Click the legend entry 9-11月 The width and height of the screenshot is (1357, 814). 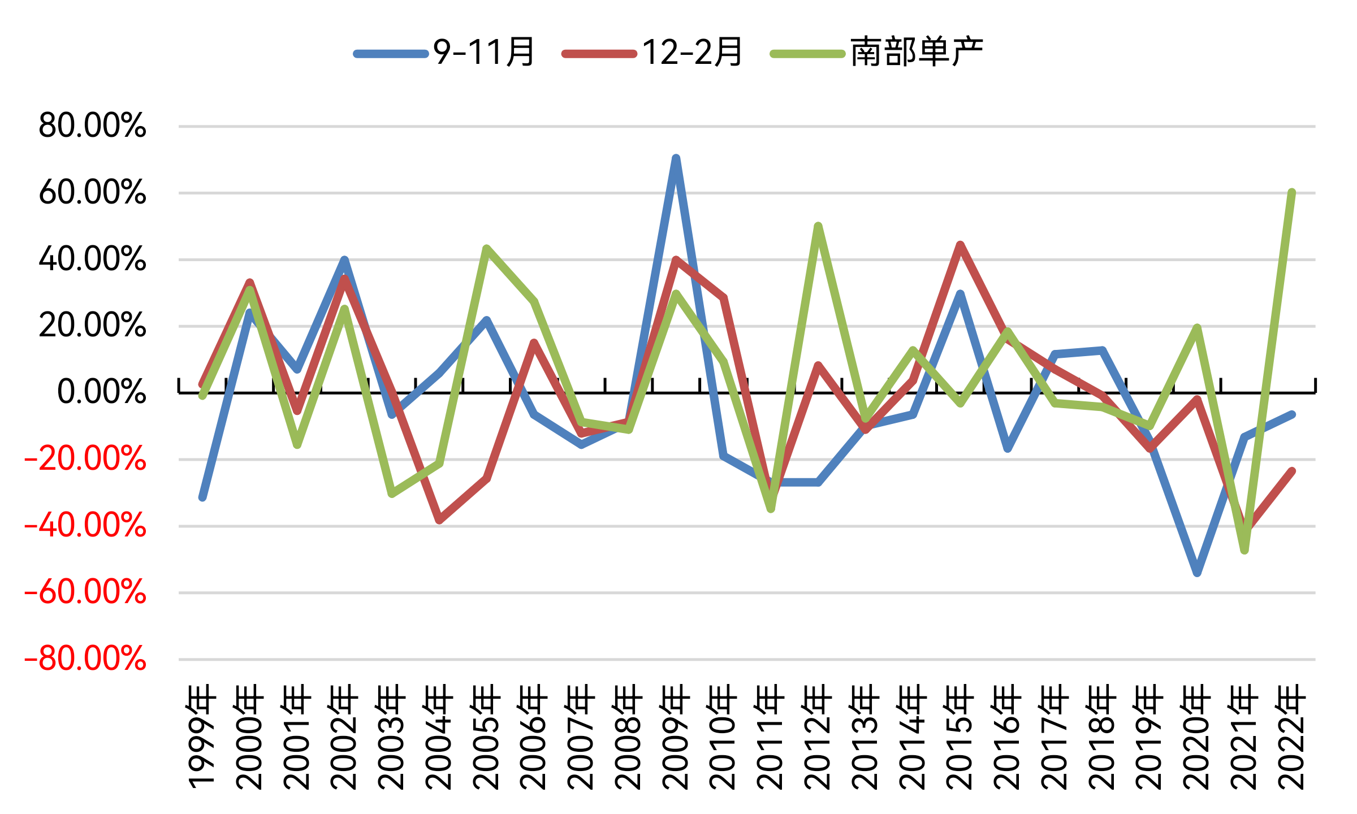pyautogui.click(x=444, y=53)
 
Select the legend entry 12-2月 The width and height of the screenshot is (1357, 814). pyautogui.click(x=652, y=53)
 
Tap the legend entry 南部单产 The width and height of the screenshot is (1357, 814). pyautogui.click(x=877, y=53)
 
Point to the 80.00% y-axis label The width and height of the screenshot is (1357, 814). pyautogui.click(x=92, y=125)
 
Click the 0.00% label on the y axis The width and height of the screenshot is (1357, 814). pyautogui.click(x=101, y=392)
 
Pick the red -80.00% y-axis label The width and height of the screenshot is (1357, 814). pyautogui.click(x=85, y=659)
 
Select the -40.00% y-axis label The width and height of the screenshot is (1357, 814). pyautogui.click(x=85, y=525)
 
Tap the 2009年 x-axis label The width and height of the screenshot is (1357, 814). pyautogui.click(x=676, y=737)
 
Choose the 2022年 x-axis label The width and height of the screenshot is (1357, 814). pyautogui.click(x=1291, y=737)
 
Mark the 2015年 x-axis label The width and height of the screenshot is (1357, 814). pyautogui.click(x=960, y=737)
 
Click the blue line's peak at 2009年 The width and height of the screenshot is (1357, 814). pyautogui.click(x=676, y=158)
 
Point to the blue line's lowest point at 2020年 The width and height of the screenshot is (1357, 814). pyautogui.click(x=1197, y=573)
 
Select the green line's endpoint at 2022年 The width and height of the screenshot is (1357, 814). pyautogui.click(x=1291, y=193)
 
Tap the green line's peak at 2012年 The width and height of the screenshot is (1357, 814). pyautogui.click(x=818, y=227)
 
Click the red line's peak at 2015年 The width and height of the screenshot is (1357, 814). pyautogui.click(x=960, y=245)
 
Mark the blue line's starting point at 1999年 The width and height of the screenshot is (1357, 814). pyautogui.click(x=202, y=497)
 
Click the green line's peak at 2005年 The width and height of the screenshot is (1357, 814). pyautogui.click(x=486, y=249)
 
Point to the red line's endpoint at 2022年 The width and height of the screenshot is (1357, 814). pyautogui.click(x=1291, y=471)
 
